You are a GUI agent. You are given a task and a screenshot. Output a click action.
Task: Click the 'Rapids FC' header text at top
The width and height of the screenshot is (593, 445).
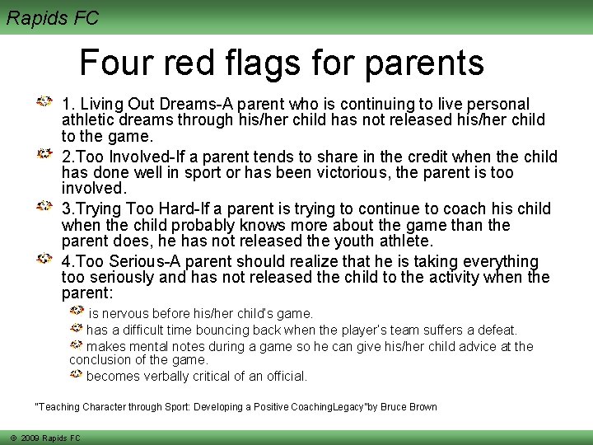pyautogui.click(x=52, y=17)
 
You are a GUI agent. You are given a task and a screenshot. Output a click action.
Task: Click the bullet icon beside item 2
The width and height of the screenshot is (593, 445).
pyautogui.click(x=45, y=154)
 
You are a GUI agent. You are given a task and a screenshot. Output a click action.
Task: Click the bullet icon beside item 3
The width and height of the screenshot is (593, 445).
pyautogui.click(x=45, y=206)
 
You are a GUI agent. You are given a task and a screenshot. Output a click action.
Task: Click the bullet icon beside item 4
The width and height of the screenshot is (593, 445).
pyautogui.click(x=45, y=259)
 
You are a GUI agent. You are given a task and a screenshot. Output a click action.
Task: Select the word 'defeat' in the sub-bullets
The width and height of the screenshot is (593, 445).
pyautogui.click(x=496, y=330)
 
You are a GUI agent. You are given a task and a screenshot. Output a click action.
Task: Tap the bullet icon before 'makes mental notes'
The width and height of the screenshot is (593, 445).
pyautogui.click(x=76, y=344)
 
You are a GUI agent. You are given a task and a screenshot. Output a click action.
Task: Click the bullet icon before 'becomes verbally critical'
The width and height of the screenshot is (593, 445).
pyautogui.click(x=76, y=374)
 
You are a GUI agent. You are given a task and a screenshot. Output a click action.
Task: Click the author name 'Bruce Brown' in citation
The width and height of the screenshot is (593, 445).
pyautogui.click(x=409, y=407)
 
